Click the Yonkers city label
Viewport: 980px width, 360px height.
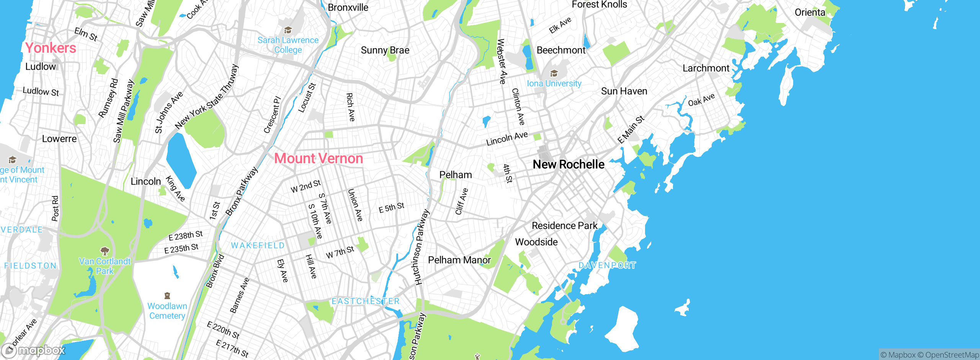click(x=51, y=48)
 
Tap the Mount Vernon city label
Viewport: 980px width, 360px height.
click(x=318, y=159)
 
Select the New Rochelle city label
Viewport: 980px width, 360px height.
click(x=568, y=164)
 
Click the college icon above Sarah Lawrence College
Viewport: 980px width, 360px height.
click(x=288, y=30)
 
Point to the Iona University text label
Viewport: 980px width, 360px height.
click(x=554, y=83)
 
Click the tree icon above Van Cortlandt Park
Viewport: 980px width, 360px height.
click(x=105, y=251)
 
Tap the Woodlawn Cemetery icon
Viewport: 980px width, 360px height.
click(x=167, y=296)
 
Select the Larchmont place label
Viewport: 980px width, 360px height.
click(x=706, y=68)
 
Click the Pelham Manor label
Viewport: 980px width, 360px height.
click(x=459, y=260)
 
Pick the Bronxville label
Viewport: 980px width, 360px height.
click(x=348, y=7)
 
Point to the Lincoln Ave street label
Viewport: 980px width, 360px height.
click(x=507, y=139)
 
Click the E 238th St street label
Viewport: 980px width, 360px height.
click(x=186, y=236)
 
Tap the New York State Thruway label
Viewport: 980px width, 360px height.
click(x=207, y=97)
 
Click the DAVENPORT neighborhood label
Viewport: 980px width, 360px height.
click(x=607, y=265)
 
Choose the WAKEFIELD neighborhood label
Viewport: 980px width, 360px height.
click(x=258, y=245)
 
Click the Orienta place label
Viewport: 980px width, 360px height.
click(x=810, y=12)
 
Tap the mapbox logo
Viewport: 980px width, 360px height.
click(x=34, y=350)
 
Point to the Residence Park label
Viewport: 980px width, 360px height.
click(x=564, y=226)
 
